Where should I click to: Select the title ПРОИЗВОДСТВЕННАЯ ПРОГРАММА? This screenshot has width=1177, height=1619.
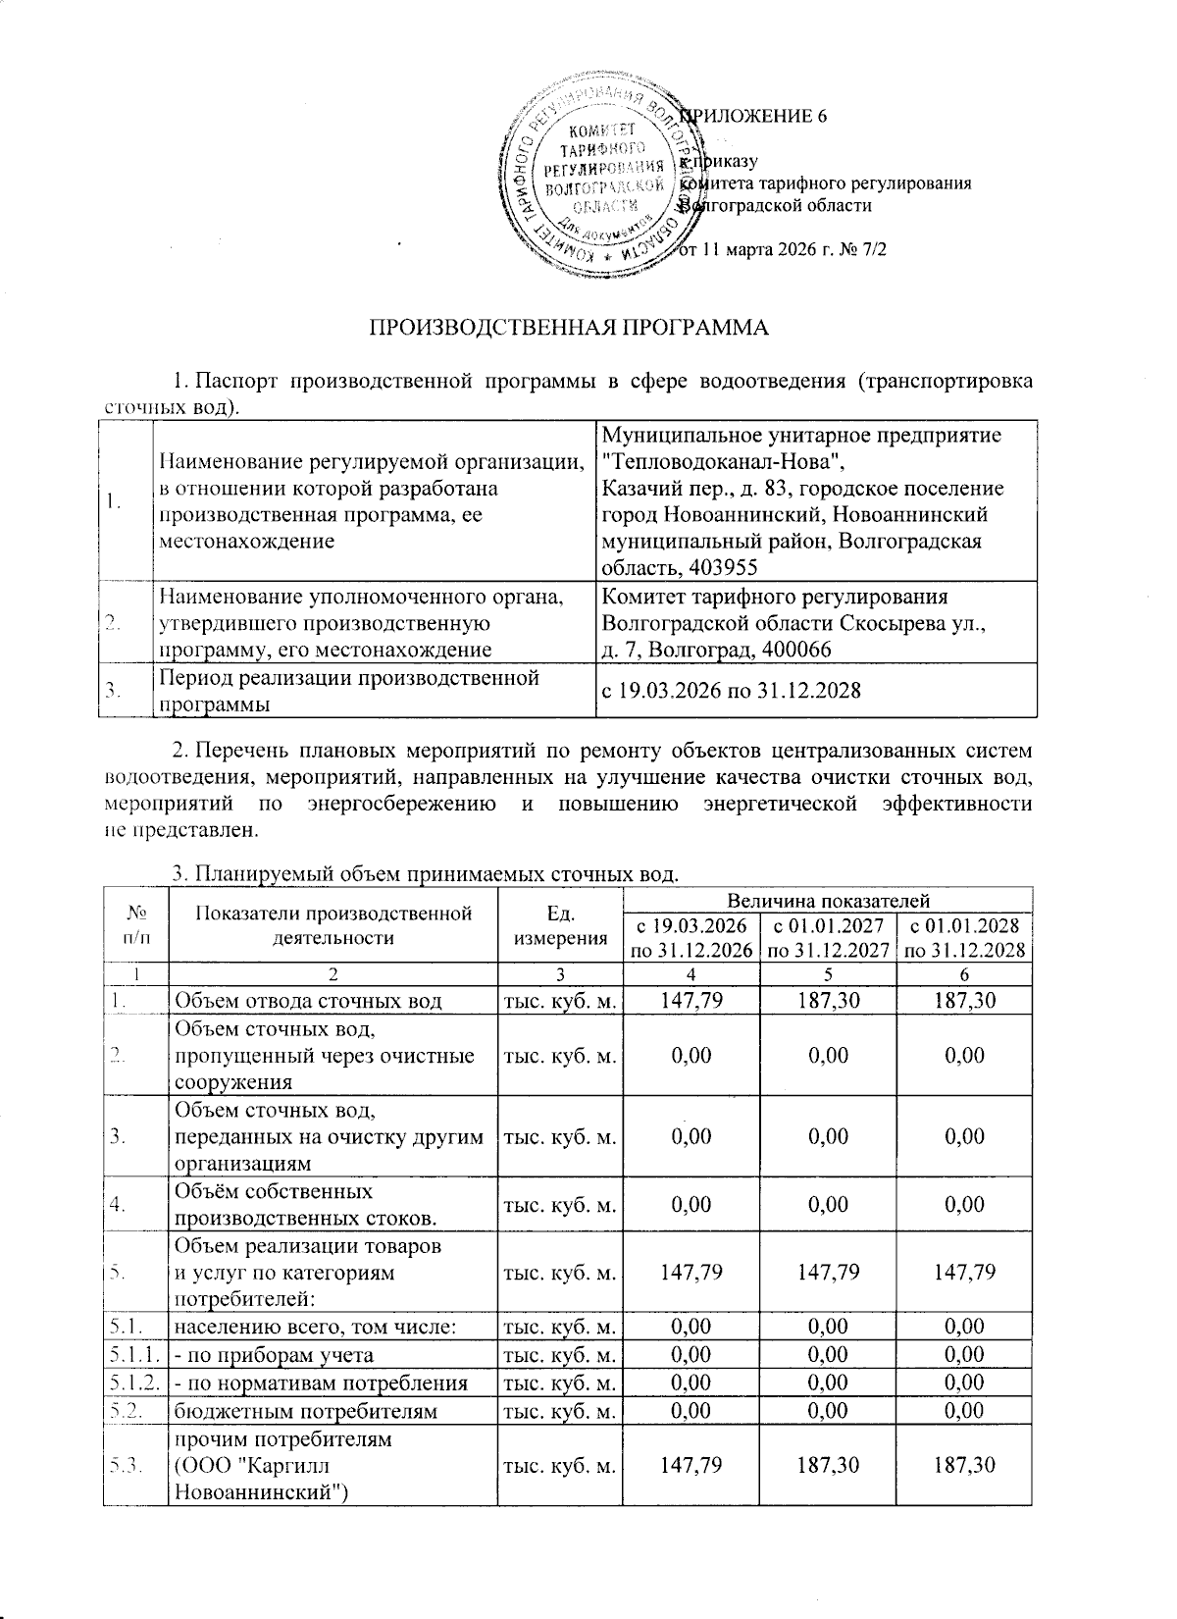568,327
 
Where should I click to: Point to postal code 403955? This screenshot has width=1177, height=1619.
725,567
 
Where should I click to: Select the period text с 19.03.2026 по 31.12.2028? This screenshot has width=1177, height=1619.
731,691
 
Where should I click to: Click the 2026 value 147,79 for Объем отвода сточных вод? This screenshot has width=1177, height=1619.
692,1001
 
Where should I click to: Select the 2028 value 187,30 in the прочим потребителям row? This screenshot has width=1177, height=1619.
965,1465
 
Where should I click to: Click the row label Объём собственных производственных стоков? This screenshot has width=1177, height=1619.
305,1204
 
